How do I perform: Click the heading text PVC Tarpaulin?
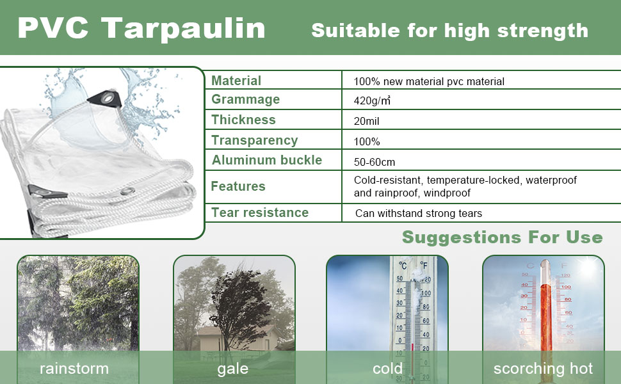pos(141,28)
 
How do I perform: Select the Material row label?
pos(236,81)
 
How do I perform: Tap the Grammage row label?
pos(245,99)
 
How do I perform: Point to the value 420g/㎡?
pos(373,100)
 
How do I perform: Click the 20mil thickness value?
pos(367,121)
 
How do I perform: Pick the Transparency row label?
pos(254,140)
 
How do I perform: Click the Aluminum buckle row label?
pos(266,160)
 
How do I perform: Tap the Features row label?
pos(238,186)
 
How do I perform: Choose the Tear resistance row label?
pos(259,212)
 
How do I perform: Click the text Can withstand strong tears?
pos(418,213)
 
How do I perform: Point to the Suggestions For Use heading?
pos(502,237)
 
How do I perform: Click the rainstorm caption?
pos(74,369)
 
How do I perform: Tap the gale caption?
pos(232,369)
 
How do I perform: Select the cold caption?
pos(387,369)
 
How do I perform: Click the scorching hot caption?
pos(543,369)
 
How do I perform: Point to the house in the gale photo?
pos(230,338)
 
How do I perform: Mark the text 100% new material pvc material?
pos(429,81)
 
